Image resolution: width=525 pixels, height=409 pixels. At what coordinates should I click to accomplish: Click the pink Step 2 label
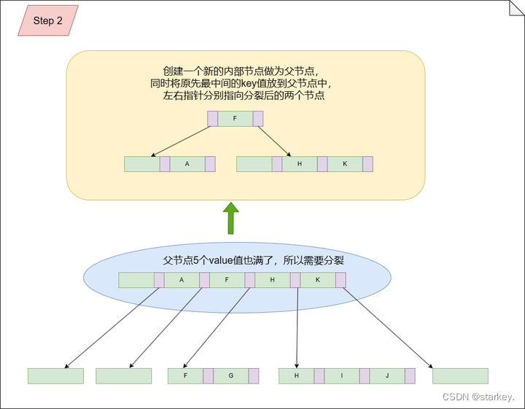click(48, 20)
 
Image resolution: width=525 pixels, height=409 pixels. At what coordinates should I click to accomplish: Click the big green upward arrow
click(230, 219)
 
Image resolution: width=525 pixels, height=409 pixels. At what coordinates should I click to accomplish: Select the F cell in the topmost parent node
click(235, 119)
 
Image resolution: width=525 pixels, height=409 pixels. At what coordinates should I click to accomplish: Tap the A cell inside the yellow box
click(187, 164)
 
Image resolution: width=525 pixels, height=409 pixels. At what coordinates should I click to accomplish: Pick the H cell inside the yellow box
click(300, 164)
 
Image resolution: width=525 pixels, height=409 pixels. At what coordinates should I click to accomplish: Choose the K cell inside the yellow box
click(345, 164)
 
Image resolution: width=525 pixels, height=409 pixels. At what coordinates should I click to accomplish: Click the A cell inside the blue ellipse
click(182, 280)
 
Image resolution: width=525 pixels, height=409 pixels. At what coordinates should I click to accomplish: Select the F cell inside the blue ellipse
click(227, 280)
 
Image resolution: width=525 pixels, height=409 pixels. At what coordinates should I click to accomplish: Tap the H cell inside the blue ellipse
click(272, 280)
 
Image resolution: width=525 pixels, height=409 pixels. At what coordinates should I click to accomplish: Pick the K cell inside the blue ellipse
click(317, 280)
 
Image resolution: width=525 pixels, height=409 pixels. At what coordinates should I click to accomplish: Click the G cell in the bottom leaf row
click(230, 375)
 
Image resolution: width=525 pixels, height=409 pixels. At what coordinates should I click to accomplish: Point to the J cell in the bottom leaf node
click(386, 375)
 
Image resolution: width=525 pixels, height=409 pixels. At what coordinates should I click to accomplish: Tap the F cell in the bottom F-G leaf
click(185, 375)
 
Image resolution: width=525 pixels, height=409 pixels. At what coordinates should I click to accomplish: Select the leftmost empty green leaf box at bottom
click(55, 375)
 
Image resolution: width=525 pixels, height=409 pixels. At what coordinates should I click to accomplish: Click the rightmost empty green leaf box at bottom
click(460, 375)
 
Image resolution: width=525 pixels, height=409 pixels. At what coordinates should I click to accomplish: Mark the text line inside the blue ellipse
click(253, 260)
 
